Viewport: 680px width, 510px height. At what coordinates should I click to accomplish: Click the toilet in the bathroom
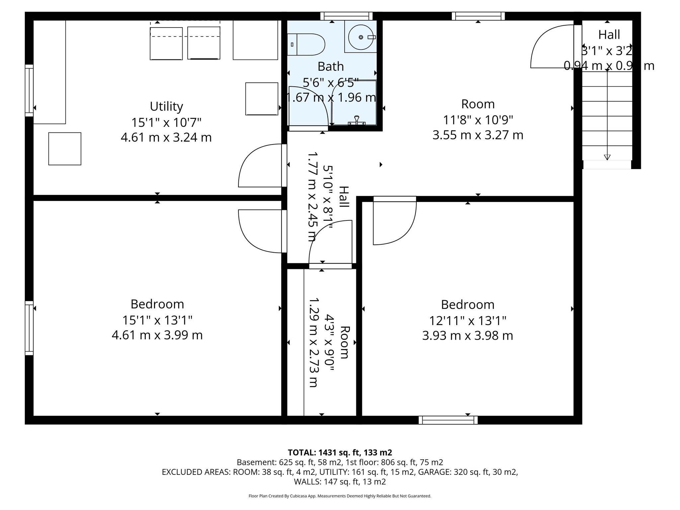[x=307, y=44]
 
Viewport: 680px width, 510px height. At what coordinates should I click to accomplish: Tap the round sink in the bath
[x=361, y=37]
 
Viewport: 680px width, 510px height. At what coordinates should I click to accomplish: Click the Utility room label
[x=166, y=107]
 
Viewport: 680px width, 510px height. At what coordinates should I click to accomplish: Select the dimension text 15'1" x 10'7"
[x=166, y=123]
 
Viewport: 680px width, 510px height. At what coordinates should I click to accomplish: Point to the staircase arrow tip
[x=607, y=157]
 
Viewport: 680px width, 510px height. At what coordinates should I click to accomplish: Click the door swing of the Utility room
[x=261, y=165]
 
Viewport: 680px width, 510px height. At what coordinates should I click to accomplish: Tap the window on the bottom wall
[x=448, y=420]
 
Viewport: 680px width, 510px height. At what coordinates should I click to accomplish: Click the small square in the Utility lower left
[x=65, y=149]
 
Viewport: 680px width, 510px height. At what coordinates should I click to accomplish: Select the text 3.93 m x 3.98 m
[x=467, y=336]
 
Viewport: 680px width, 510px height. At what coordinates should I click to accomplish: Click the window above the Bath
[x=346, y=16]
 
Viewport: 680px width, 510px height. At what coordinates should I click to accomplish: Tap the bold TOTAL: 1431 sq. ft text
[x=340, y=452]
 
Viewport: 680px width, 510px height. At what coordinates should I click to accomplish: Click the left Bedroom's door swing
[x=261, y=231]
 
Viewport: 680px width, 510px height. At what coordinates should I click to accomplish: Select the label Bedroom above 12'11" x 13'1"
[x=467, y=304]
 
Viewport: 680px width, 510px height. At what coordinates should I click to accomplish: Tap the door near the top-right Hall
[x=553, y=46]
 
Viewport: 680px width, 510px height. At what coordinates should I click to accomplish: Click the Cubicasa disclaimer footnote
[x=340, y=496]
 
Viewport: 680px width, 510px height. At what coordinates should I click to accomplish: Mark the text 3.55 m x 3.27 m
[x=478, y=135]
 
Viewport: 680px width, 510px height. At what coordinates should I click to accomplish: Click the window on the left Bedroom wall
[x=30, y=328]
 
